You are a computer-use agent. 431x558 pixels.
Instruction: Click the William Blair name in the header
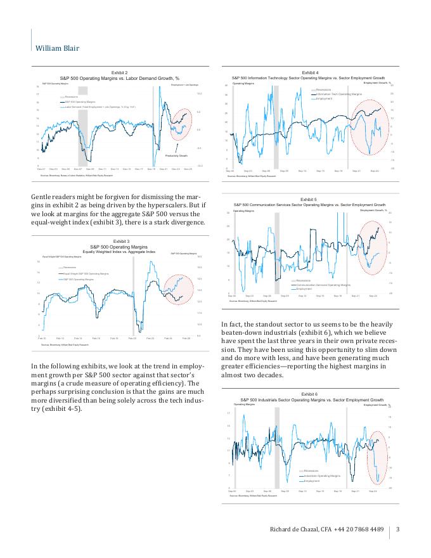pos(57,48)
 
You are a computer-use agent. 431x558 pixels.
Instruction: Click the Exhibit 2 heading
pos(119,73)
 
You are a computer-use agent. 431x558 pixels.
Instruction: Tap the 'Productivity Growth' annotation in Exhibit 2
pos(176,155)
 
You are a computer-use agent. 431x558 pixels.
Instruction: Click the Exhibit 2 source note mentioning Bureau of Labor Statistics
pos(77,175)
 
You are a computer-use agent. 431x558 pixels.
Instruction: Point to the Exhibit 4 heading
pos(310,73)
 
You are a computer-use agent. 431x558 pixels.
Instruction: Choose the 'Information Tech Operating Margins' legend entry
pos(338,94)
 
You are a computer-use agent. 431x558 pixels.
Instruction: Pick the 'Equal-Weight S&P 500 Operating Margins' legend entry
pos(86,273)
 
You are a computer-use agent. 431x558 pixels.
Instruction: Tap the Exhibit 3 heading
pos(120,242)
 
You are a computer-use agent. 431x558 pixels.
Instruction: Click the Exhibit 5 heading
pos(309,200)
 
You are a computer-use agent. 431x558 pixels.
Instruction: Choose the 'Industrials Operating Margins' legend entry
pos(322,476)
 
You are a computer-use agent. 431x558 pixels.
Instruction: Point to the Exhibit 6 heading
pos(309,394)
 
